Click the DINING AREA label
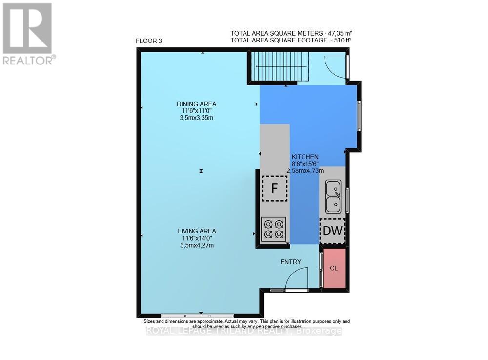196,104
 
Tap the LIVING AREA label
196,231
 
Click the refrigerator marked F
275,188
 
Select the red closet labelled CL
334,268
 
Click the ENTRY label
290,262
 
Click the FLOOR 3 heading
149,41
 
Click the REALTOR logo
28,34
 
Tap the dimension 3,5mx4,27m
197,245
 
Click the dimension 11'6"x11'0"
197,111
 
